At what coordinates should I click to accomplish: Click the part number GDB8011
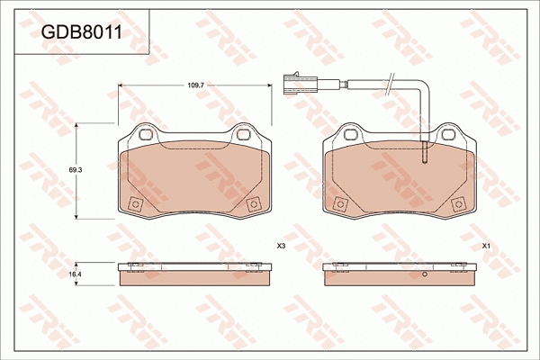pos(82,32)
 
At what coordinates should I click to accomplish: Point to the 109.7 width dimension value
pos(196,84)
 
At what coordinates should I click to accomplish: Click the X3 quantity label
pos(281,246)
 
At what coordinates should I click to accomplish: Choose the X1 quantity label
pos(486,246)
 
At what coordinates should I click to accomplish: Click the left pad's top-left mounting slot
pos(143,135)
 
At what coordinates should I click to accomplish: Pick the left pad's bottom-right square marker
pos(251,203)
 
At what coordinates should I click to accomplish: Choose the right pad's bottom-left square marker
pos(340,203)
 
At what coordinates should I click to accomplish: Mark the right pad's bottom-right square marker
pos(457,203)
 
